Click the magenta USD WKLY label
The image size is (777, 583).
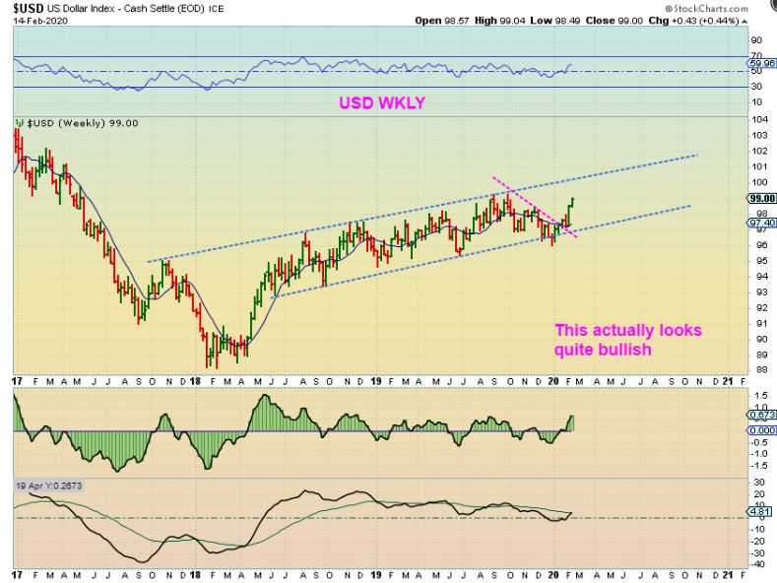pyautogui.click(x=382, y=102)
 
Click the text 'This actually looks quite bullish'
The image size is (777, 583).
pyautogui.click(x=627, y=339)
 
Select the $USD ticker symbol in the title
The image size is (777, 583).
pyautogui.click(x=29, y=8)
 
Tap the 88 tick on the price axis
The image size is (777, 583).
pyautogui.click(x=758, y=370)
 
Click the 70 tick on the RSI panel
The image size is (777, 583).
pyautogui.click(x=757, y=56)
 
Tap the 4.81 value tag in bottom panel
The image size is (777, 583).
pyautogui.click(x=760, y=513)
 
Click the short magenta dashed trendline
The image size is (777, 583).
pyautogui.click(x=533, y=207)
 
